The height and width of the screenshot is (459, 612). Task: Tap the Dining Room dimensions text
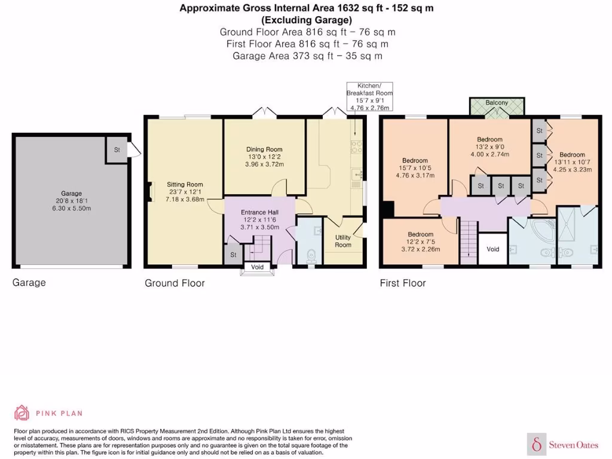tap(264, 161)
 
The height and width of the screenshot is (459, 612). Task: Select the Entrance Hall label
tap(259, 212)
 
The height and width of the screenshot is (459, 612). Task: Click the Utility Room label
tap(343, 241)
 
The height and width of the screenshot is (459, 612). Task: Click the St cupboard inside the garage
tap(117, 150)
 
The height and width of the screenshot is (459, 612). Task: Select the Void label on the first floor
tap(492, 249)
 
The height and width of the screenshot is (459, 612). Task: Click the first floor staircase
tap(468, 241)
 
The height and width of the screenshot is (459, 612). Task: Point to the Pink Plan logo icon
tap(22, 413)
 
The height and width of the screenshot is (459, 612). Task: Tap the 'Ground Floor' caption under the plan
tap(175, 283)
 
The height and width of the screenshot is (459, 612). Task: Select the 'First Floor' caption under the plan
tap(403, 283)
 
